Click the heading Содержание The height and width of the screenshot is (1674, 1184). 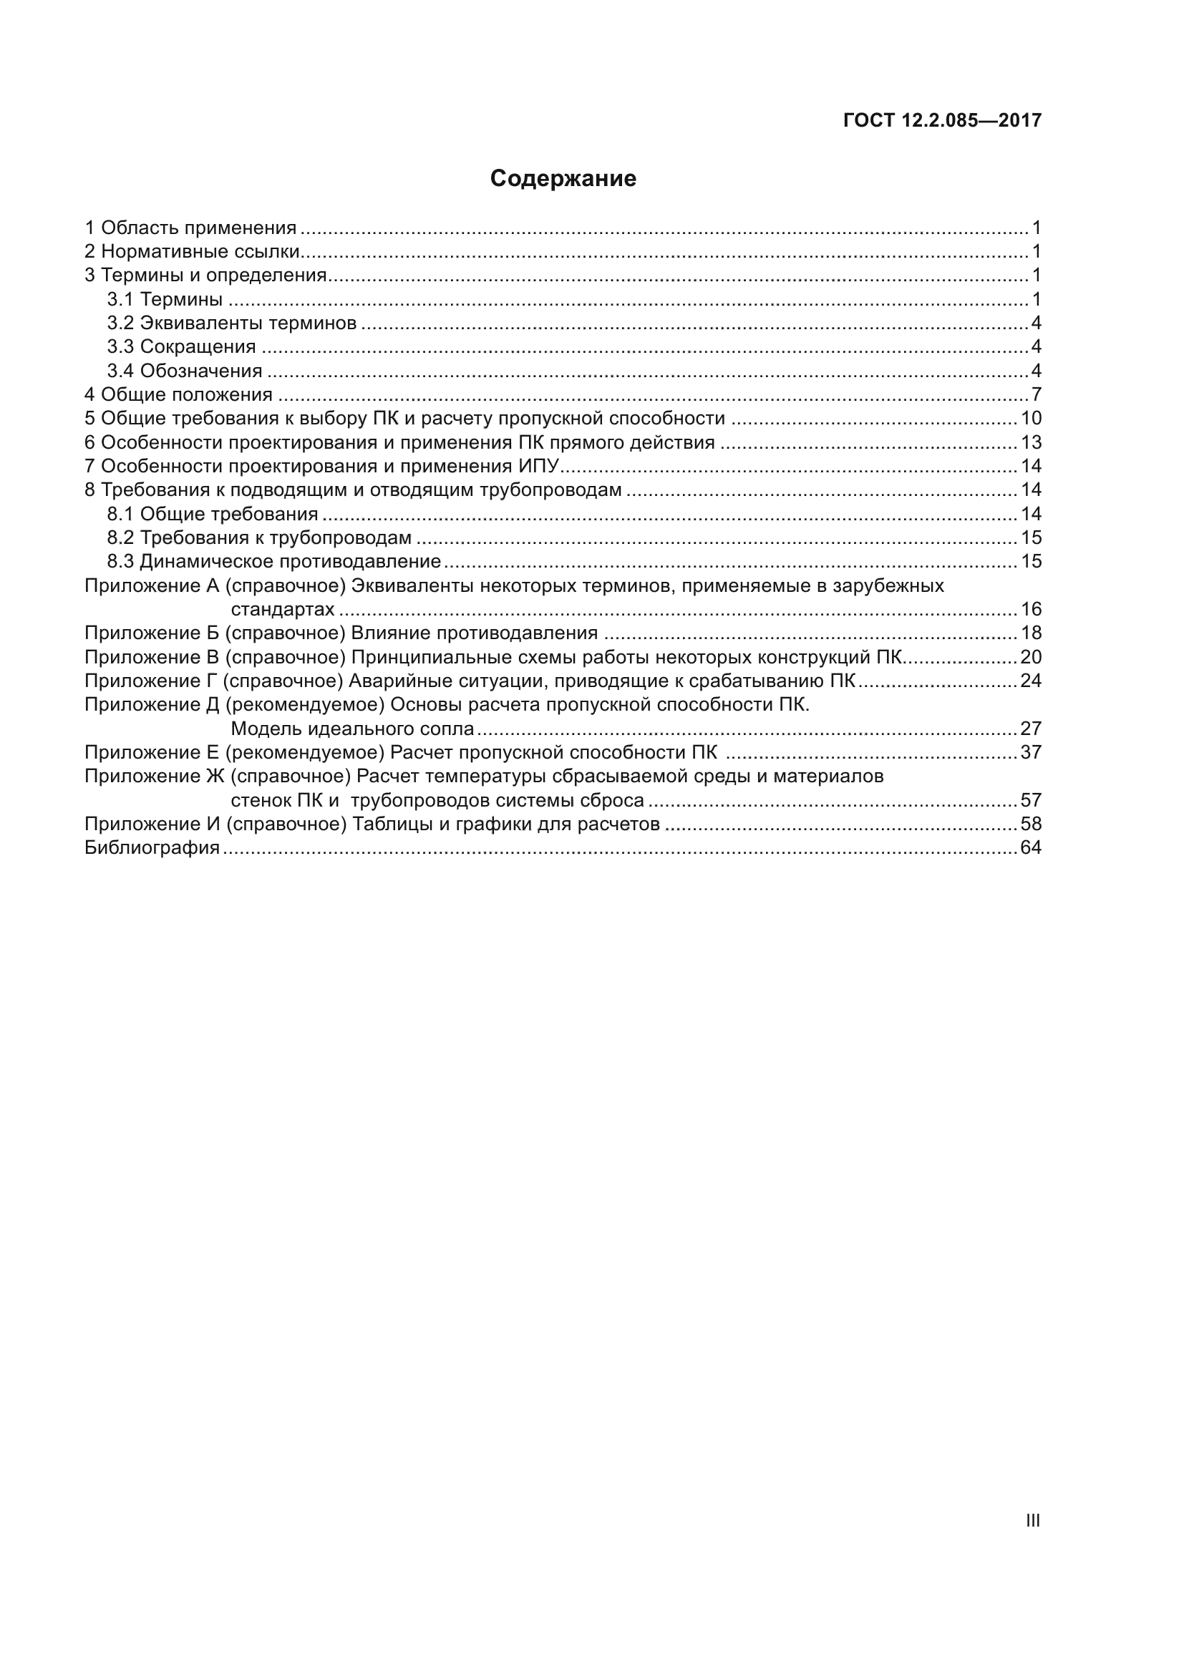(x=563, y=179)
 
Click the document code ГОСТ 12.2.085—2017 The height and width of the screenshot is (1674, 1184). (x=942, y=120)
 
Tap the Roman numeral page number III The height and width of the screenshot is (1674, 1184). (x=1032, y=1520)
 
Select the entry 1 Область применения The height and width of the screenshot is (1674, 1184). (x=191, y=228)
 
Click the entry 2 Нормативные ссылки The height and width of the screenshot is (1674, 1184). (x=193, y=251)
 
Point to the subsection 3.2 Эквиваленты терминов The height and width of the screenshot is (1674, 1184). (x=232, y=323)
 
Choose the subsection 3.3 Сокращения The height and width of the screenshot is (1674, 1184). (x=182, y=347)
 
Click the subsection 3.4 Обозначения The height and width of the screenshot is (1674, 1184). (x=185, y=371)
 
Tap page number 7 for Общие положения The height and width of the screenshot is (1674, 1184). (x=1036, y=395)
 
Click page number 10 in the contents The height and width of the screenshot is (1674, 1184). (x=1031, y=419)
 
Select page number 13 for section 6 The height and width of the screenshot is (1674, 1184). (x=1031, y=442)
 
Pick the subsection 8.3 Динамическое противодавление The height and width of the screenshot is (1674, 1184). (x=274, y=561)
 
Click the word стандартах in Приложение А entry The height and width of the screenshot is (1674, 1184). (x=283, y=610)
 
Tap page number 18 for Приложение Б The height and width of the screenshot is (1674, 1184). (x=1031, y=633)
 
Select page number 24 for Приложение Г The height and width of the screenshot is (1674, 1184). (x=1031, y=681)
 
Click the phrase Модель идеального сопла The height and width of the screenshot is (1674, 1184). (x=352, y=729)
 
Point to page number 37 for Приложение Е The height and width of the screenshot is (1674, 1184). (x=1031, y=752)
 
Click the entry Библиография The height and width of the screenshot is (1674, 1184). (x=152, y=848)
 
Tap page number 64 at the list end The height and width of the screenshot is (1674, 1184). (x=1031, y=848)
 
